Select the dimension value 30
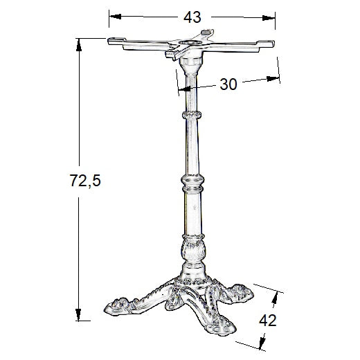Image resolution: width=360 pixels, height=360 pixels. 228,84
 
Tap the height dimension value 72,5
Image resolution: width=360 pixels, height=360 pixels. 85,181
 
